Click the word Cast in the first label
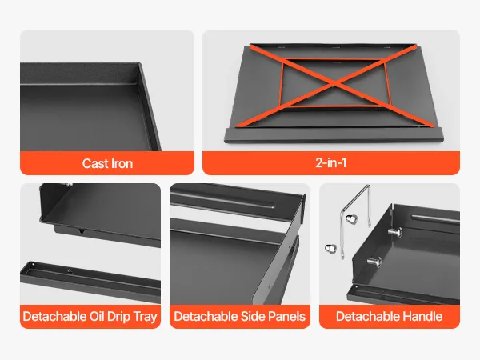pos(95,163)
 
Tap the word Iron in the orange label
pos(122,163)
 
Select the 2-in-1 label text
pos(331,162)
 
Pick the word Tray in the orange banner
pos(146,317)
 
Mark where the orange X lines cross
pos(335,83)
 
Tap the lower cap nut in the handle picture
pos(331,248)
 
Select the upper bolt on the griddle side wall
pos(395,231)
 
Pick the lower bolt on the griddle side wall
pos(374,262)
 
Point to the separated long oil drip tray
pos(90,280)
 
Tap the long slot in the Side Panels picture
pos(222,201)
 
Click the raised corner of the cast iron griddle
pos(138,64)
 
